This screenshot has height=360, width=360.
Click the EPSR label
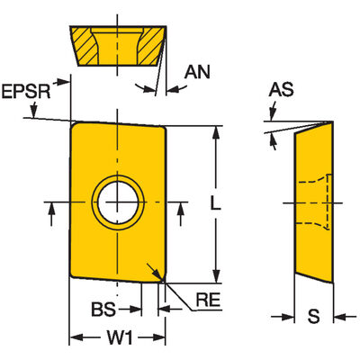click(x=26, y=91)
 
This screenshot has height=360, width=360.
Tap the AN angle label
click(x=197, y=72)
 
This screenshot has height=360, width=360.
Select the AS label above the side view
click(x=281, y=89)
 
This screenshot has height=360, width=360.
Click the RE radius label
click(x=209, y=300)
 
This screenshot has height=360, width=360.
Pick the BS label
click(x=103, y=309)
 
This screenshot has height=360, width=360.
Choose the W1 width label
click(x=120, y=338)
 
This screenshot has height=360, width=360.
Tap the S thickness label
click(x=313, y=316)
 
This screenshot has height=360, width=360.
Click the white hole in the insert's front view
click(x=118, y=202)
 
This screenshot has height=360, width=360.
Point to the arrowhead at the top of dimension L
click(x=215, y=132)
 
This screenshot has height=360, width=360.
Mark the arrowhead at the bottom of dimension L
click(x=215, y=276)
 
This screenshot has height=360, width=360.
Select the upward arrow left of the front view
click(x=51, y=214)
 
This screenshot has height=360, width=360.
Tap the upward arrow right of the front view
click(x=180, y=214)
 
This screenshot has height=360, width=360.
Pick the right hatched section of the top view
click(x=151, y=46)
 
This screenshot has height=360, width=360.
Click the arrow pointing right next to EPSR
click(x=61, y=82)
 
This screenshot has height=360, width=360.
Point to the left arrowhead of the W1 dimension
click(x=76, y=338)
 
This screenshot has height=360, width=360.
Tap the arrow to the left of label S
click(x=283, y=317)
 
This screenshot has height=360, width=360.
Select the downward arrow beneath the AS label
click(x=273, y=112)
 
